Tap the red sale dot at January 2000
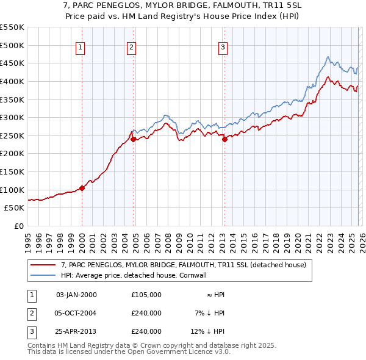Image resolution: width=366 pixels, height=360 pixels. point(82,188)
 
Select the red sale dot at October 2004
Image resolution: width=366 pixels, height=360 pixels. point(133,139)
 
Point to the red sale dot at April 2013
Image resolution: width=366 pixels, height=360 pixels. point(224,139)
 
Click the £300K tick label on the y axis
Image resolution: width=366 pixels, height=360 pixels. point(12,117)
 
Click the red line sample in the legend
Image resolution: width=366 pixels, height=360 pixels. point(43,265)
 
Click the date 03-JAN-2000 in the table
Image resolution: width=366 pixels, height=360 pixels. point(76,295)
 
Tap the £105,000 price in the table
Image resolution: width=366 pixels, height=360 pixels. point(146,295)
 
